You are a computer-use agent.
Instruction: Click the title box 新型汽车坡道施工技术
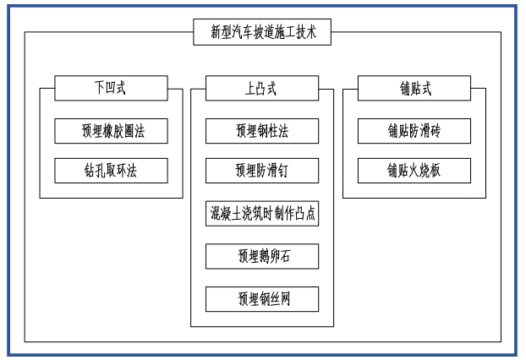[262, 33]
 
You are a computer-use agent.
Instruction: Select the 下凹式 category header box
[111, 88]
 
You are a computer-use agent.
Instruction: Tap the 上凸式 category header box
[262, 88]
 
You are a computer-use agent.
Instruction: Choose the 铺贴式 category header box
[414, 88]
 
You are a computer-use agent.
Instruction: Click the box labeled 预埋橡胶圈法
[111, 130]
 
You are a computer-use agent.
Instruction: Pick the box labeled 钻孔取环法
[111, 171]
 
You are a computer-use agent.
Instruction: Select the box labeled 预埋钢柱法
[262, 130]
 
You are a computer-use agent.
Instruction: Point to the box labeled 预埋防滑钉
[262, 171]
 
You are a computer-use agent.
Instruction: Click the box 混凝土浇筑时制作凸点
[262, 213]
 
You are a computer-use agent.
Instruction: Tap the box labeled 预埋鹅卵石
[262, 256]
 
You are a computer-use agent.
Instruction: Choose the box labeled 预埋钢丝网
[262, 298]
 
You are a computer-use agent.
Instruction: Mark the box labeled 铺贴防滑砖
[414, 130]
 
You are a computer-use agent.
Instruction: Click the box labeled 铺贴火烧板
[414, 171]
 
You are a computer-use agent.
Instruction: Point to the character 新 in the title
[216, 33]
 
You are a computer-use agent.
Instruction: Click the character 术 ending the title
[310, 33]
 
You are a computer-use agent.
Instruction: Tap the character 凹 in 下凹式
[111, 88]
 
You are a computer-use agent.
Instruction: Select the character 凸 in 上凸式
[262, 88]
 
